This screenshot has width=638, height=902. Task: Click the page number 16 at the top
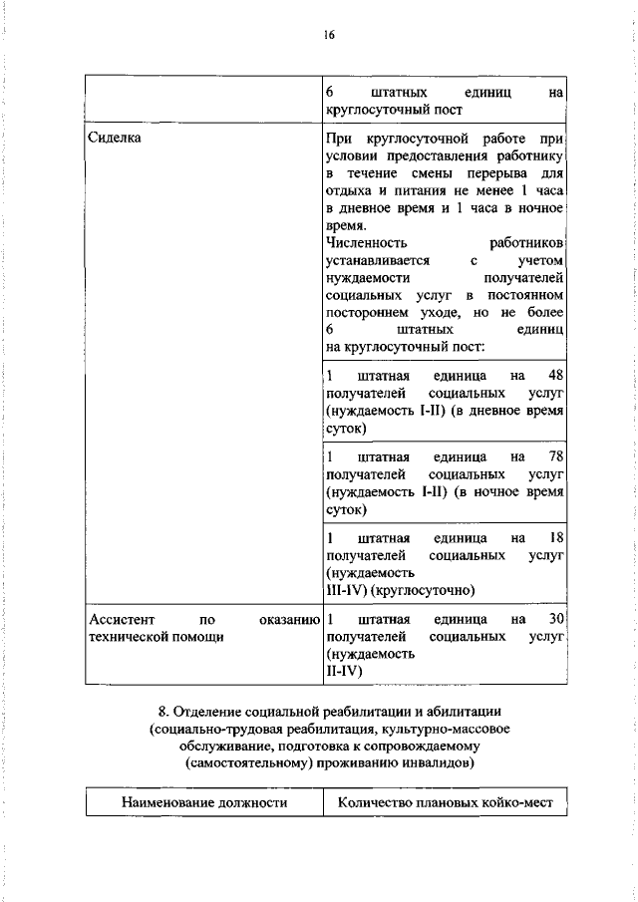(x=329, y=36)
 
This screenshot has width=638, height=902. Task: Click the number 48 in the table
(x=556, y=375)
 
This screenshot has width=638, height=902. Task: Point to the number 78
(x=556, y=456)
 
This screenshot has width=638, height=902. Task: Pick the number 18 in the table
(x=556, y=537)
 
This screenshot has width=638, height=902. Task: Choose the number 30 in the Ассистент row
(x=556, y=619)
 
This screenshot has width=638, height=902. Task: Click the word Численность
(x=366, y=243)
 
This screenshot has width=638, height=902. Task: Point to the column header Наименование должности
(x=204, y=801)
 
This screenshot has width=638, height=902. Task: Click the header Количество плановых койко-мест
(x=445, y=801)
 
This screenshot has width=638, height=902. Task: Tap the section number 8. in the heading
(x=164, y=711)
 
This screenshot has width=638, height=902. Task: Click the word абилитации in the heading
(x=466, y=711)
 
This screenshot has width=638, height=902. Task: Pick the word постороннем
(x=371, y=314)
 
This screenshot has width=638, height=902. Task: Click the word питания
(x=421, y=191)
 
